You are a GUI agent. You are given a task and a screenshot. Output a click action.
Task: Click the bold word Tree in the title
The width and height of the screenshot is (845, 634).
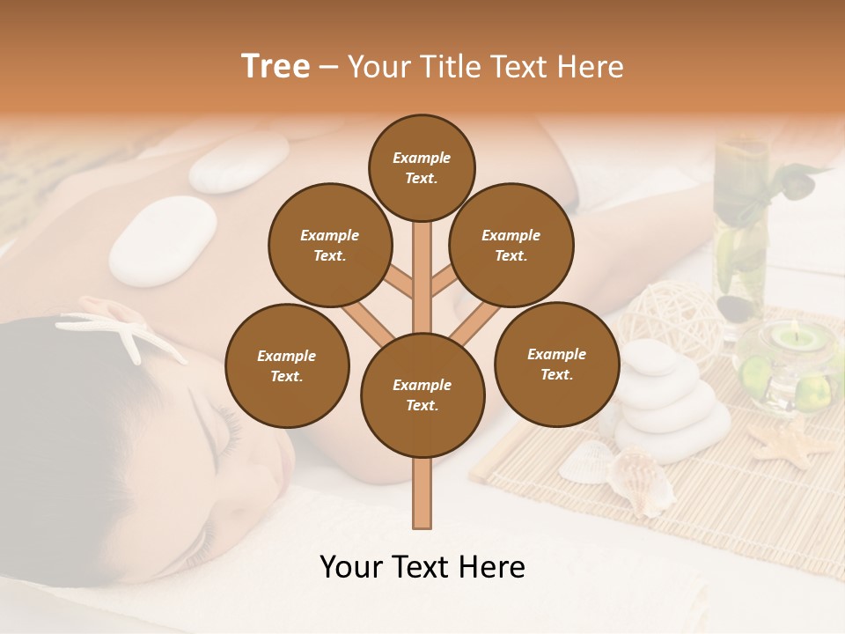tap(276, 66)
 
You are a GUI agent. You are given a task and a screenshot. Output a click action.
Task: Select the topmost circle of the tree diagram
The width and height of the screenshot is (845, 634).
tap(422, 167)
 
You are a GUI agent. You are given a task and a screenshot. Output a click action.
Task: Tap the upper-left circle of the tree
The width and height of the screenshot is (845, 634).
tap(330, 245)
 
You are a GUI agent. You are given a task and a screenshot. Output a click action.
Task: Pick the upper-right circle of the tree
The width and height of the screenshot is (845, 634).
tap(511, 245)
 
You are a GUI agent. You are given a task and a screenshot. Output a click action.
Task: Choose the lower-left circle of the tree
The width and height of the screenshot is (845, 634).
tap(287, 365)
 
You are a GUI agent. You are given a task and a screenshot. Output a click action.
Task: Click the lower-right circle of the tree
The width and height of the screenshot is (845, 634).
tap(556, 364)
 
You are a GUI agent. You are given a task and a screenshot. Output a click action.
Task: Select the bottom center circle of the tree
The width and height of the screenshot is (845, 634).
tap(422, 394)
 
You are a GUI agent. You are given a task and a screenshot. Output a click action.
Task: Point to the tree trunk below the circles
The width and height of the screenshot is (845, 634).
tap(422, 493)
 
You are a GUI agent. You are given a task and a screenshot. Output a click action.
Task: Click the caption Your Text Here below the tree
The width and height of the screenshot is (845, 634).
tap(422, 567)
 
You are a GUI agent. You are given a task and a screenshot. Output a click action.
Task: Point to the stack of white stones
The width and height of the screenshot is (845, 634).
tap(671, 405)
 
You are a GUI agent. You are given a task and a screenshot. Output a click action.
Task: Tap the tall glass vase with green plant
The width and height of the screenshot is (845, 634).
tap(739, 220)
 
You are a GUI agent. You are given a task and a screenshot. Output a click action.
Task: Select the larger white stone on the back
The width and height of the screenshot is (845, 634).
tap(164, 240)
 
